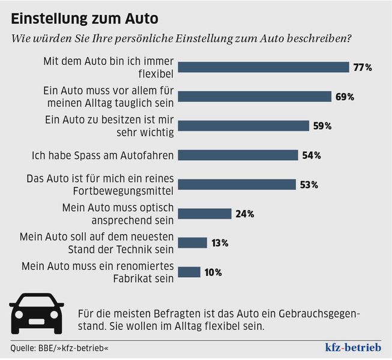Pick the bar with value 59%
tap(244, 126)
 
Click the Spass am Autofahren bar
tap(238, 155)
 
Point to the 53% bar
tap(237, 184)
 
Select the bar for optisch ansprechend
tap(205, 214)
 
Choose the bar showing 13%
tap(193, 242)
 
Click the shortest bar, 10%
tap(190, 272)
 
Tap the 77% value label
tap(363, 67)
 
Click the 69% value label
tap(345, 97)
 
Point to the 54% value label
tap(312, 155)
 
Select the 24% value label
tap(245, 214)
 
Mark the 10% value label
tap(213, 272)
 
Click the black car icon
tap(37, 313)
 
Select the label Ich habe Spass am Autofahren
tap(103, 155)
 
